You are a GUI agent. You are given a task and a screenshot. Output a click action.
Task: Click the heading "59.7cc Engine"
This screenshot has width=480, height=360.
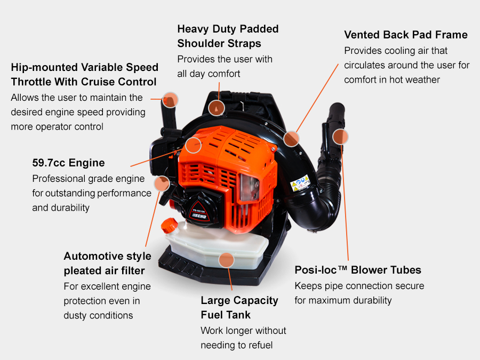click(68, 163)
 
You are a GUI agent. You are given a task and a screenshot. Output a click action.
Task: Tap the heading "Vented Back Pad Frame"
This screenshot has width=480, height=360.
click(405, 35)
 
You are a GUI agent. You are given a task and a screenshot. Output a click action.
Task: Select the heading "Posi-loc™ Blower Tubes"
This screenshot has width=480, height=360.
click(358, 270)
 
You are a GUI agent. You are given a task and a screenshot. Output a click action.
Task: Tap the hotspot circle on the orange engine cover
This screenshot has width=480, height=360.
click(193, 144)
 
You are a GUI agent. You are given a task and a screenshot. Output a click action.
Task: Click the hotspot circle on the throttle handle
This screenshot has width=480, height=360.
click(170, 99)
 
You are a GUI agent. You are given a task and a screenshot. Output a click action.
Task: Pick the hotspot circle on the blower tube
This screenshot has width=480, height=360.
click(340, 137)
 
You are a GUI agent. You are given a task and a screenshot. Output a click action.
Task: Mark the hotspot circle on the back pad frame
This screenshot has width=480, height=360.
click(291, 139)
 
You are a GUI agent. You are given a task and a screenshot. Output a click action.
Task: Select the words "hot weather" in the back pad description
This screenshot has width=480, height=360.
click(411, 79)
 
